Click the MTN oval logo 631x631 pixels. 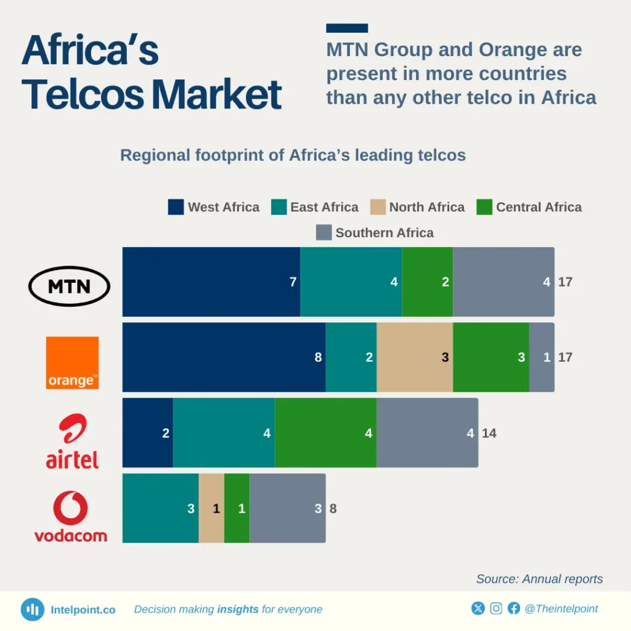tap(70, 286)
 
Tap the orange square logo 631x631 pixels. tap(72, 362)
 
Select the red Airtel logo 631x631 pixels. tap(72, 441)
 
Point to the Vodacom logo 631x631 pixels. tap(70, 516)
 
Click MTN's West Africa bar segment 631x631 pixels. tap(211, 282)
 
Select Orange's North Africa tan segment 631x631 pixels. tap(414, 357)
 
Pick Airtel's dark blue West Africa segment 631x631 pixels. tap(148, 433)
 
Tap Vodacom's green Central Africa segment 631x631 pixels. tap(237, 508)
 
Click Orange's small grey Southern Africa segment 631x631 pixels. tap(542, 357)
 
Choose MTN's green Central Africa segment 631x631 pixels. tap(427, 282)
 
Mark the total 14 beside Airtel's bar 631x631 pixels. tap(489, 433)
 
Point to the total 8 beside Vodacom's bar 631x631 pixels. tap(333, 509)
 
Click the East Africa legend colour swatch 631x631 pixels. tap(279, 207)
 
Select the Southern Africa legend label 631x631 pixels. tap(385, 233)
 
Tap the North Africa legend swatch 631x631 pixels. tap(377, 207)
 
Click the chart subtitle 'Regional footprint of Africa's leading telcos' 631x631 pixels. tap(293, 155)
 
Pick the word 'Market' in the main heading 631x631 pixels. tap(217, 94)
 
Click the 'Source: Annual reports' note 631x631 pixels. tap(539, 579)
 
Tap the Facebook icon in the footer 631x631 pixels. tap(514, 609)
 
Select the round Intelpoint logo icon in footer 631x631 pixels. tap(32, 609)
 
